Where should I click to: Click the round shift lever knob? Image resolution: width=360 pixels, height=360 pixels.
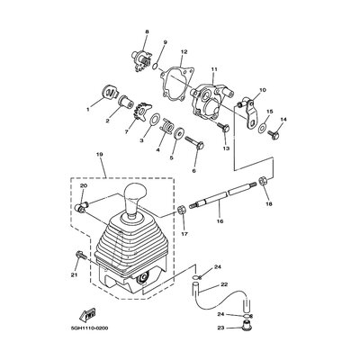click(x=136, y=192)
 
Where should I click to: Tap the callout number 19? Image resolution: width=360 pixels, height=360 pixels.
click(x=100, y=154)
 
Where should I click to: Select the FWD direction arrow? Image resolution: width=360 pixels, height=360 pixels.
click(x=87, y=314)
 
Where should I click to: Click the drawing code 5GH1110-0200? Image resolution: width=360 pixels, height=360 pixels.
click(x=89, y=328)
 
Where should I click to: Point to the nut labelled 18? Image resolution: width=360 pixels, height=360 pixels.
click(x=261, y=182)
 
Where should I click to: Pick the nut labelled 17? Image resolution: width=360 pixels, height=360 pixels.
click(x=182, y=210)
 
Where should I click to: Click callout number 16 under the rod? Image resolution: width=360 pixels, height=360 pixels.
click(x=220, y=221)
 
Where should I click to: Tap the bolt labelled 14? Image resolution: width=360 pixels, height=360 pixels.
click(x=274, y=134)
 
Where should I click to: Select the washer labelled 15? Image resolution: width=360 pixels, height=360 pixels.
click(x=262, y=128)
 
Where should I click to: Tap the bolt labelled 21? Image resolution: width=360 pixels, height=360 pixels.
click(x=81, y=256)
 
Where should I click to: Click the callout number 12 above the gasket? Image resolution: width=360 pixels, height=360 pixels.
click(x=184, y=52)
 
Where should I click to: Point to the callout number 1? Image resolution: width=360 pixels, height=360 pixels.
click(x=88, y=110)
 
